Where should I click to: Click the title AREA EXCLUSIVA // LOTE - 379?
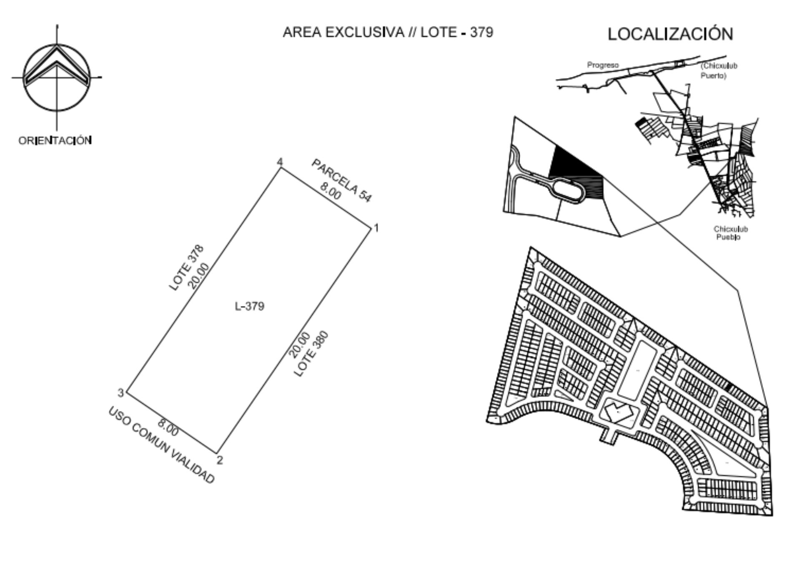[x=388, y=32]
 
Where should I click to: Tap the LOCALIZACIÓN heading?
[x=670, y=33]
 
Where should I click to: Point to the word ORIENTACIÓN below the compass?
[x=55, y=140]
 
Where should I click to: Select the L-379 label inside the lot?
[x=250, y=306]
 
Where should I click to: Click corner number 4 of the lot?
[x=280, y=162]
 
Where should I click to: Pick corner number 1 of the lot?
[x=376, y=228]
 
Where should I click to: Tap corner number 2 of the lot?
[x=220, y=460]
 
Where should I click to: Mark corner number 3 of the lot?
[x=120, y=392]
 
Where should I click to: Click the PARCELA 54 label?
[x=341, y=181]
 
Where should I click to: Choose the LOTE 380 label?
[x=311, y=354]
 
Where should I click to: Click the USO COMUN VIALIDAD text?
[x=161, y=445]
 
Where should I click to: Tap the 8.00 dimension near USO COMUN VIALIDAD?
[x=168, y=427]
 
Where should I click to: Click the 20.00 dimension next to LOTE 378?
[x=198, y=276]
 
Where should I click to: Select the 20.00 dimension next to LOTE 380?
[x=300, y=345]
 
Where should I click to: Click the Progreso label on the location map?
[x=603, y=65]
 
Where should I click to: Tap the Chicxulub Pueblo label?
[x=731, y=233]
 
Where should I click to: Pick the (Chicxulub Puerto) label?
[x=719, y=70]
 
